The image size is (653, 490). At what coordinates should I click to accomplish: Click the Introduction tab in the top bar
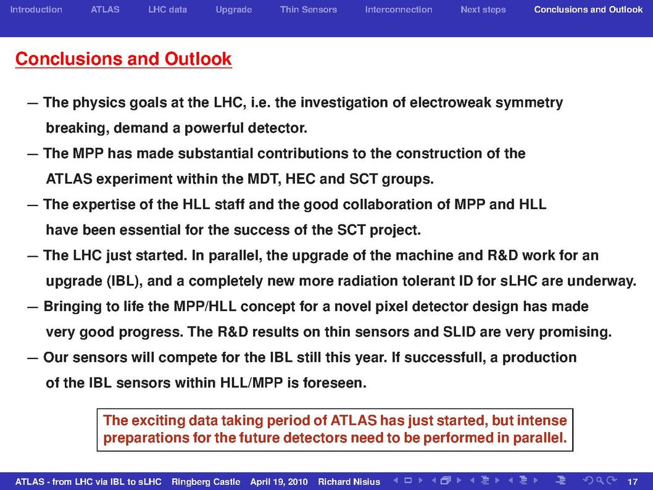tap(36, 10)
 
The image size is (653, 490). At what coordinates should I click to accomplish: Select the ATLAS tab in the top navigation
tap(105, 10)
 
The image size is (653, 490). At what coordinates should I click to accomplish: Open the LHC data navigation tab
tap(167, 10)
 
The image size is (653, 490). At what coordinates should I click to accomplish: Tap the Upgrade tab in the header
tap(234, 10)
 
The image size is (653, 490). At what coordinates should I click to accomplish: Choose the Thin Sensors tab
tap(308, 10)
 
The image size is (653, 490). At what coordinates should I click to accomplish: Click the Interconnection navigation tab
tap(399, 10)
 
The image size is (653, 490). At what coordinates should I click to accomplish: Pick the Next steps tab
tap(483, 10)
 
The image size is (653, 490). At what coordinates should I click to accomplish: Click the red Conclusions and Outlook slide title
tap(123, 59)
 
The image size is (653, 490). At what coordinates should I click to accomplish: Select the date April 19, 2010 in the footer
tap(278, 482)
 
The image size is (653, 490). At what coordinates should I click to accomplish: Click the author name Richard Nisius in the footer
tap(349, 482)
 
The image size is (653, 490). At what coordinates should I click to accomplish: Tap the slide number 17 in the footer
tap(632, 482)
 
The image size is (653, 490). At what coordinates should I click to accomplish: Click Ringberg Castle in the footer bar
tap(206, 482)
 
